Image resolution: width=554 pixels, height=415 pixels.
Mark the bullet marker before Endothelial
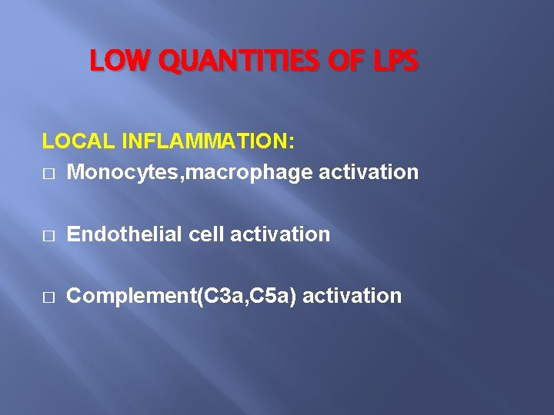pyautogui.click(x=48, y=235)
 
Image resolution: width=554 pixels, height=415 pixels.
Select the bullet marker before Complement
pyautogui.click(x=48, y=297)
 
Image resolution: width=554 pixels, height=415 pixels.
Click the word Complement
pyautogui.click(x=131, y=296)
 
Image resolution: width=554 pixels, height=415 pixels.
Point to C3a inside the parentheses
pyautogui.click(x=219, y=296)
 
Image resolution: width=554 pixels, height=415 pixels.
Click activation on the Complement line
pyautogui.click(x=352, y=296)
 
